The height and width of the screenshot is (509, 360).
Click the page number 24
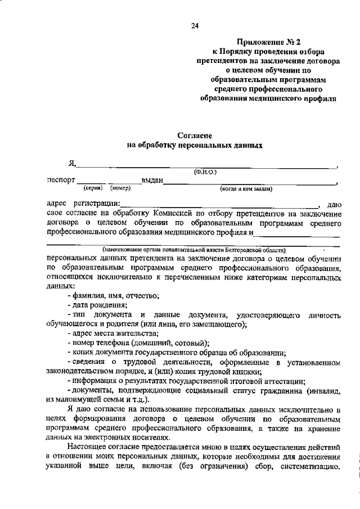click(x=195, y=25)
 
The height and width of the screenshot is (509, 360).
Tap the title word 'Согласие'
click(x=194, y=135)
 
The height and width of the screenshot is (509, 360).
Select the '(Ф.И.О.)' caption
click(x=205, y=171)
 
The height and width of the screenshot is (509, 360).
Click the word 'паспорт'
click(x=61, y=180)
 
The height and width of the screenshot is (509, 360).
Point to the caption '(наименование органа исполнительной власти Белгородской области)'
click(x=193, y=249)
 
